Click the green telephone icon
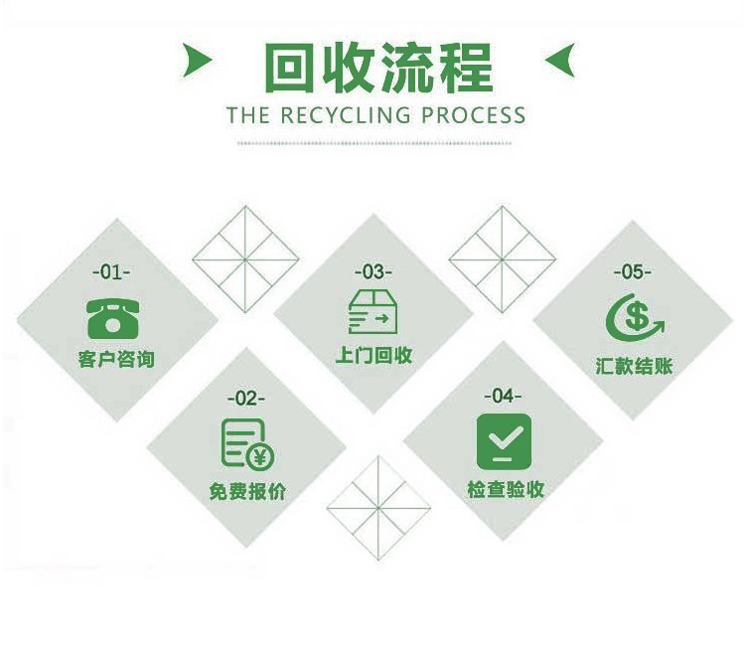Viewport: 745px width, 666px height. (x=113, y=319)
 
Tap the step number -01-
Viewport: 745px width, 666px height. (x=111, y=272)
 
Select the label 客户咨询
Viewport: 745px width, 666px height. (x=116, y=359)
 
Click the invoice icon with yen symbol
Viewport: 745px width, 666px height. (x=247, y=443)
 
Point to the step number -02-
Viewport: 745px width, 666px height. (x=246, y=398)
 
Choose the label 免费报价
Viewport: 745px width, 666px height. (x=247, y=491)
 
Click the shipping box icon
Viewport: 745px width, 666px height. (x=372, y=312)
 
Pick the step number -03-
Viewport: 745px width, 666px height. (x=372, y=272)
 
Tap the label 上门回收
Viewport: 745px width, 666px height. (x=373, y=355)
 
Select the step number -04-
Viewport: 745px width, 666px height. (x=503, y=396)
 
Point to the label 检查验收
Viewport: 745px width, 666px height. (x=506, y=489)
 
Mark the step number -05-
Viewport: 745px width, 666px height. (x=633, y=272)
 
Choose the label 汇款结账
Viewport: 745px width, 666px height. (x=635, y=366)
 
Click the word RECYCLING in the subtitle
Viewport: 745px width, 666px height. (x=346, y=115)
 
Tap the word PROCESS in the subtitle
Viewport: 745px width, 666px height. (x=474, y=115)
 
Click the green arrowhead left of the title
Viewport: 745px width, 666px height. (x=197, y=60)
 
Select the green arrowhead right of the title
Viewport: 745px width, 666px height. (x=560, y=60)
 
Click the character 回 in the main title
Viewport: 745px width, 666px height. (x=288, y=68)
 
